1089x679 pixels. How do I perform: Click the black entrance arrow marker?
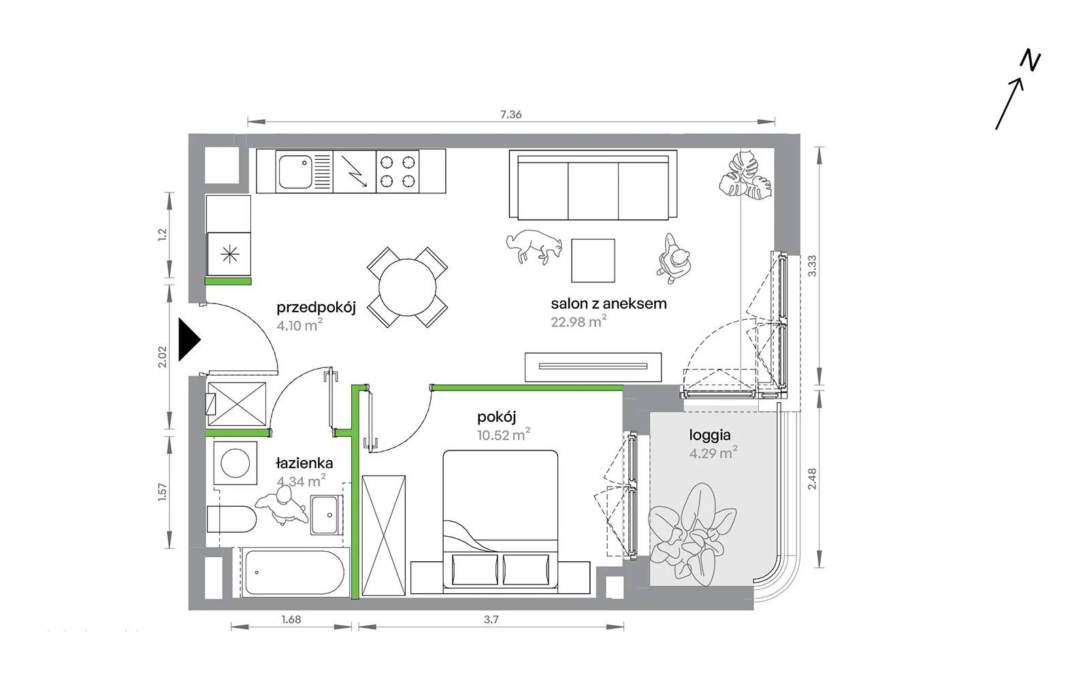tap(189, 339)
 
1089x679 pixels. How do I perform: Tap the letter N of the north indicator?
tap(1030, 61)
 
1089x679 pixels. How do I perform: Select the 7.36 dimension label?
tap(511, 114)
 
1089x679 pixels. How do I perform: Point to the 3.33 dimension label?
tap(812, 266)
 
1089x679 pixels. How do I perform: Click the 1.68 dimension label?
tap(291, 619)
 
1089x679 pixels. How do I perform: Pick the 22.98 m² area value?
tap(579, 321)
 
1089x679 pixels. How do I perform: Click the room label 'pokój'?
tap(496, 417)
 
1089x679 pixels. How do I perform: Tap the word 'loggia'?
tap(710, 435)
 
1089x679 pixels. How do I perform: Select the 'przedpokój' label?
tap(316, 308)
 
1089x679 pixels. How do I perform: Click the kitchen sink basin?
tap(295, 171)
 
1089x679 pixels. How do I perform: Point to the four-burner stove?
tap(397, 171)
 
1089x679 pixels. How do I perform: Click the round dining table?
tap(408, 287)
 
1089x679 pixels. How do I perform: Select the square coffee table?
tap(593, 260)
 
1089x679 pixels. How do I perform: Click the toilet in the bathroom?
tap(231, 519)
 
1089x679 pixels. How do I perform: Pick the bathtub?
tap(295, 572)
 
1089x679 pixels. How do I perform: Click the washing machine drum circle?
tap(235, 463)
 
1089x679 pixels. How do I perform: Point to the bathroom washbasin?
tap(327, 515)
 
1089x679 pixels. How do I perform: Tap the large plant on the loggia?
tap(692, 534)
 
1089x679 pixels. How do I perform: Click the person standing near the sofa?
tap(674, 259)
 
